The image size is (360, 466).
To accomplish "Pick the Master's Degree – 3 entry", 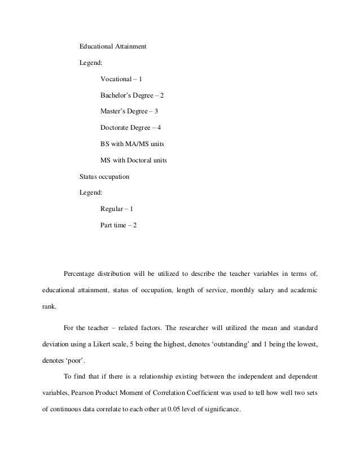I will tap(129, 111).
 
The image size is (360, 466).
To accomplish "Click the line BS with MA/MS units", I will tap(132, 144).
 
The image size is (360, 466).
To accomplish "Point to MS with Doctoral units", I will tap(134, 160).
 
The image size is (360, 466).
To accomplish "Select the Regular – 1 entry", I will tap(117, 209).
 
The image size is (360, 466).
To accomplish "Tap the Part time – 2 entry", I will tap(118, 225).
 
